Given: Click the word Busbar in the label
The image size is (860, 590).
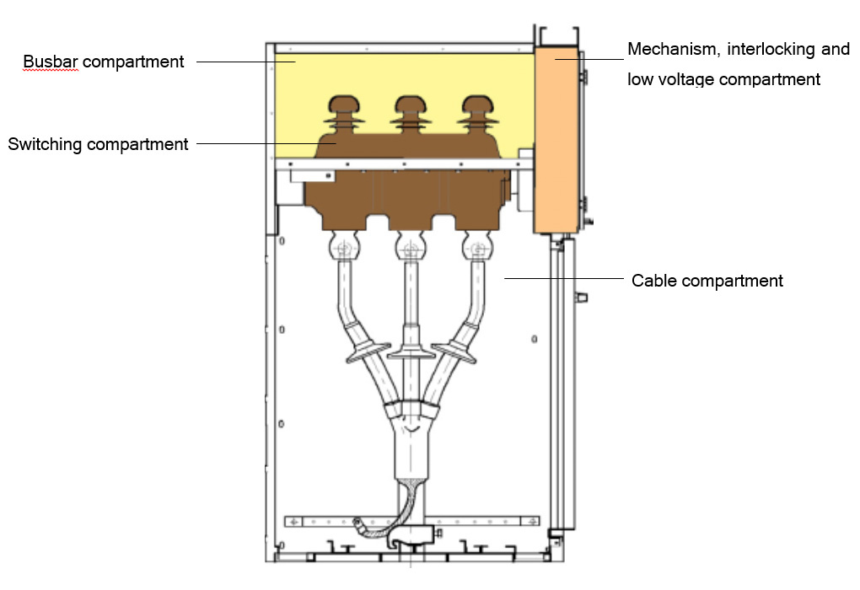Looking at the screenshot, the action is (x=50, y=62).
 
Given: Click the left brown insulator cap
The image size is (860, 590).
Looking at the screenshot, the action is (x=343, y=105).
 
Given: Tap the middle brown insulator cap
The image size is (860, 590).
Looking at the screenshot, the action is (x=411, y=105).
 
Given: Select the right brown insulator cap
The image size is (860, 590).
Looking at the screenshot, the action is (x=478, y=105).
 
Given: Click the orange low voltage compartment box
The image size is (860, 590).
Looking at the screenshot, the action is (x=556, y=140).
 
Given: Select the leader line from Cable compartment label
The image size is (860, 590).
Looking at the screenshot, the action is (x=564, y=278).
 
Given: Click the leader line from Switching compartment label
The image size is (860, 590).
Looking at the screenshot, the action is (x=266, y=143).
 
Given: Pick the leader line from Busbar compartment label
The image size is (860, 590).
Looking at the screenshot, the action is (x=245, y=62).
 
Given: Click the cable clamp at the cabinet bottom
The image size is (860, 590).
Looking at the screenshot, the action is (x=411, y=536).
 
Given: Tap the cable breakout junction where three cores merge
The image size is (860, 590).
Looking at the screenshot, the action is (x=411, y=416).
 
